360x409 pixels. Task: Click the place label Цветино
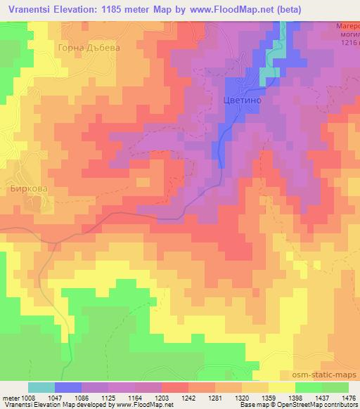(243, 100)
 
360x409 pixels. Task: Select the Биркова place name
(27, 189)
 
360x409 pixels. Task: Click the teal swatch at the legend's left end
(41, 387)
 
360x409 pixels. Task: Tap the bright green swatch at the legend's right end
(335, 387)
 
